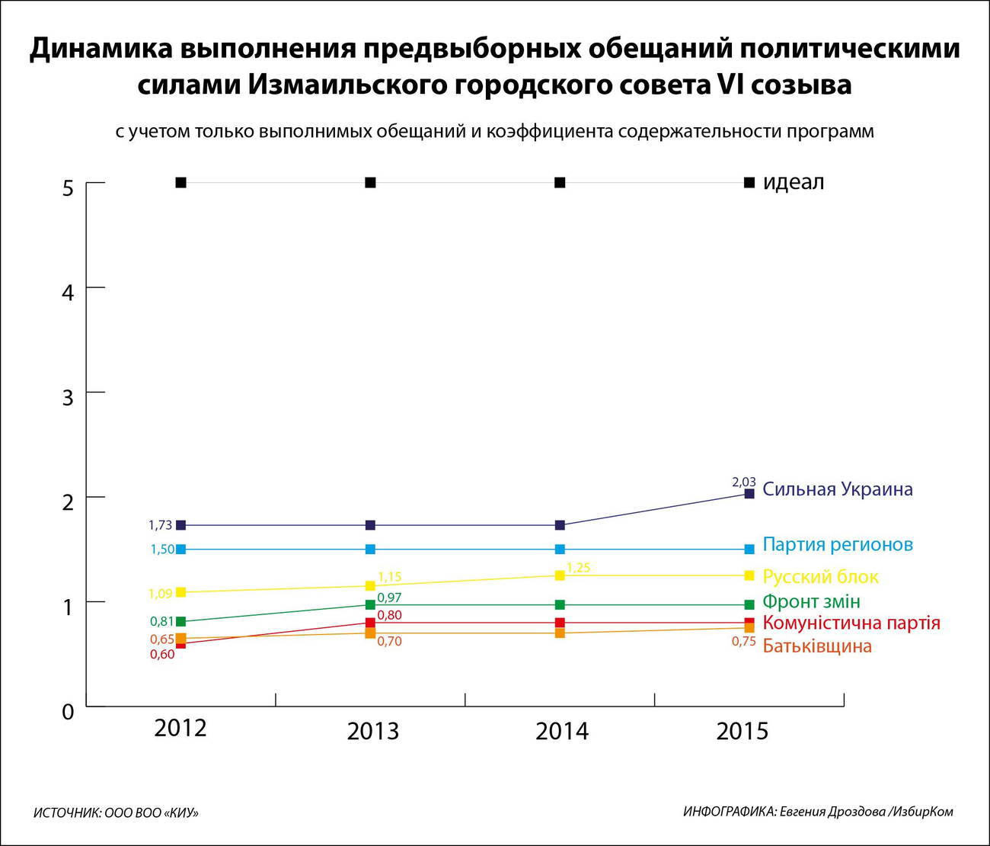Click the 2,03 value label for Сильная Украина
[x=743, y=482]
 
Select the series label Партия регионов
[x=837, y=545]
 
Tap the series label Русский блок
[x=820, y=577]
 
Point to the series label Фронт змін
[x=811, y=601]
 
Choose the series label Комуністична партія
[x=851, y=623]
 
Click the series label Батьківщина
[x=816, y=646]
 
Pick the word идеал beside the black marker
[x=793, y=183]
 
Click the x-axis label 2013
[x=372, y=732]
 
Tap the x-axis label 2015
[x=742, y=732]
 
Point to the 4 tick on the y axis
[x=69, y=293]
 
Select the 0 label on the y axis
[x=69, y=712]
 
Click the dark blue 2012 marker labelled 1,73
[x=180, y=525]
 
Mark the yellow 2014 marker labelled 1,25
[x=560, y=575]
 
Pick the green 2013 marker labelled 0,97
[x=370, y=604]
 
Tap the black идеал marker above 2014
[x=560, y=183]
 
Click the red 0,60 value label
[x=162, y=655]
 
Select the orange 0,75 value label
[x=743, y=642]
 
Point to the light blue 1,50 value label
[x=162, y=550]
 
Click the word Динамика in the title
[x=101, y=49]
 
